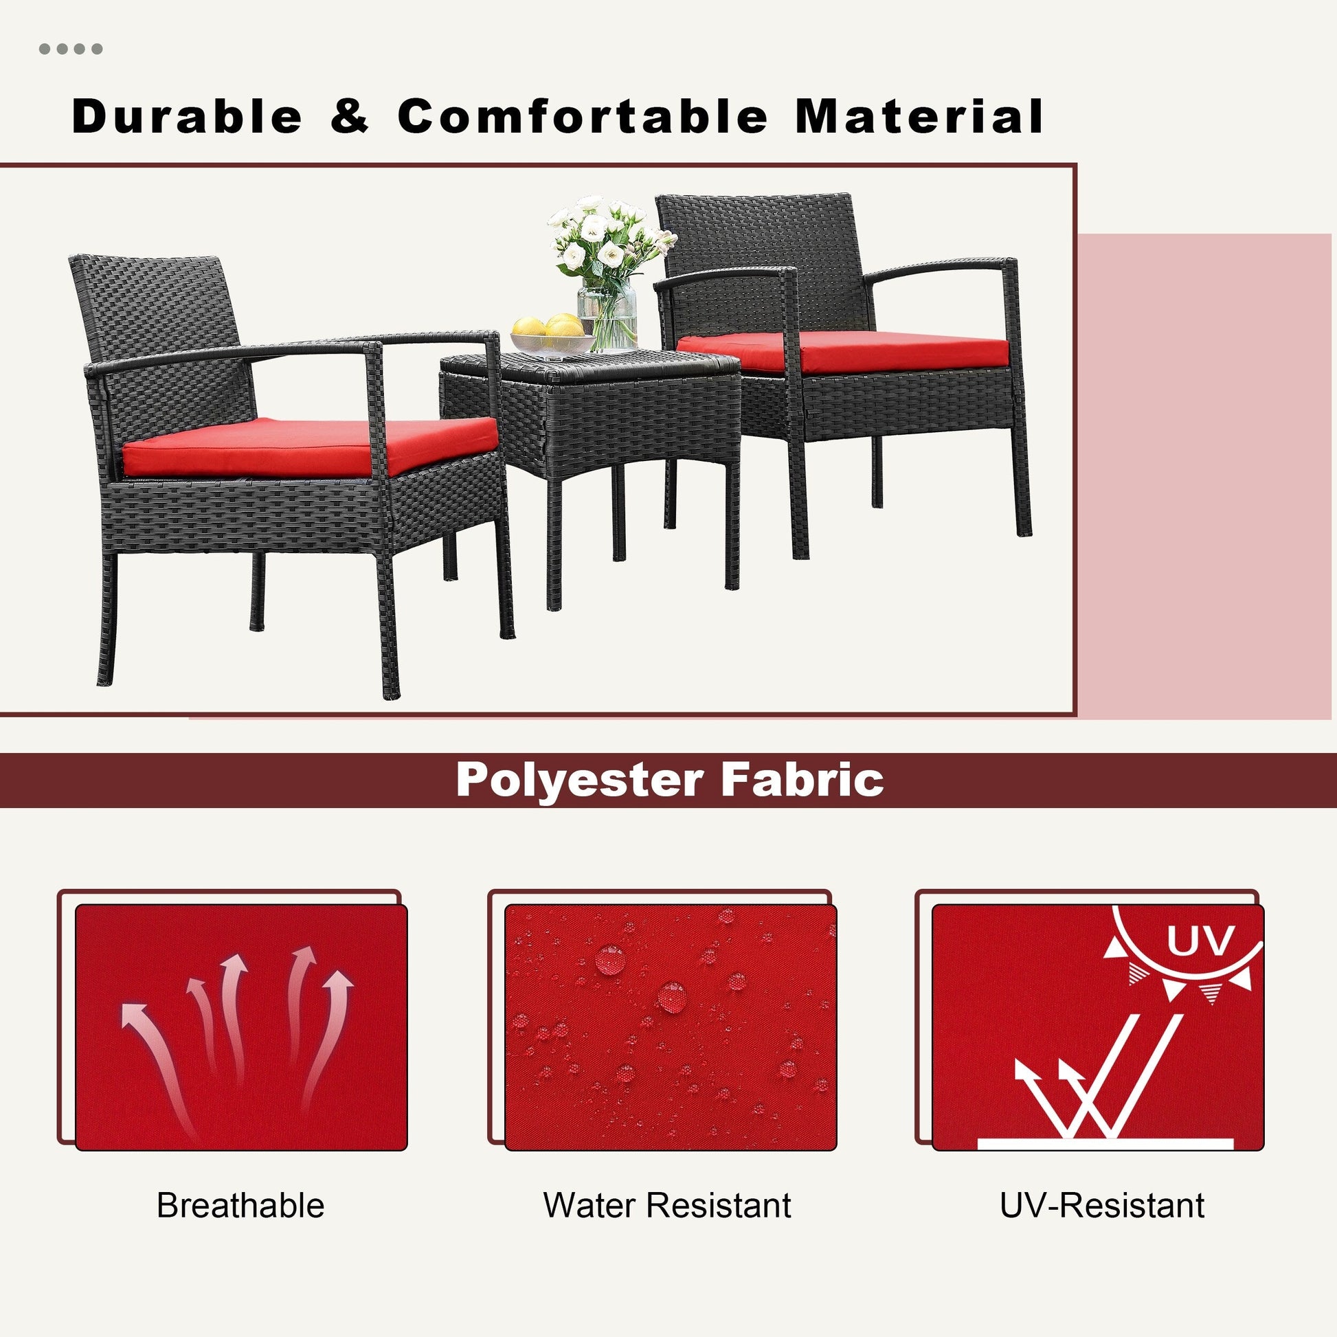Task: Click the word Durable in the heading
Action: click(187, 115)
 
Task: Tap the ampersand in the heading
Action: click(350, 115)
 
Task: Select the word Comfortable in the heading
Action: click(582, 115)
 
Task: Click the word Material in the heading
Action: click(919, 115)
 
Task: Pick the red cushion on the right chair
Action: click(842, 352)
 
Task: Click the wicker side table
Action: click(588, 443)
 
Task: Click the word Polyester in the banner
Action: click(579, 780)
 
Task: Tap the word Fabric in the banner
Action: click(802, 779)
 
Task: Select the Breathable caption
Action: click(240, 1206)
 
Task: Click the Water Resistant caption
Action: click(667, 1206)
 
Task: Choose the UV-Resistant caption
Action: click(1102, 1206)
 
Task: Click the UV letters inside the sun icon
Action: click(1200, 941)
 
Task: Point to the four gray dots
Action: click(71, 49)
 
